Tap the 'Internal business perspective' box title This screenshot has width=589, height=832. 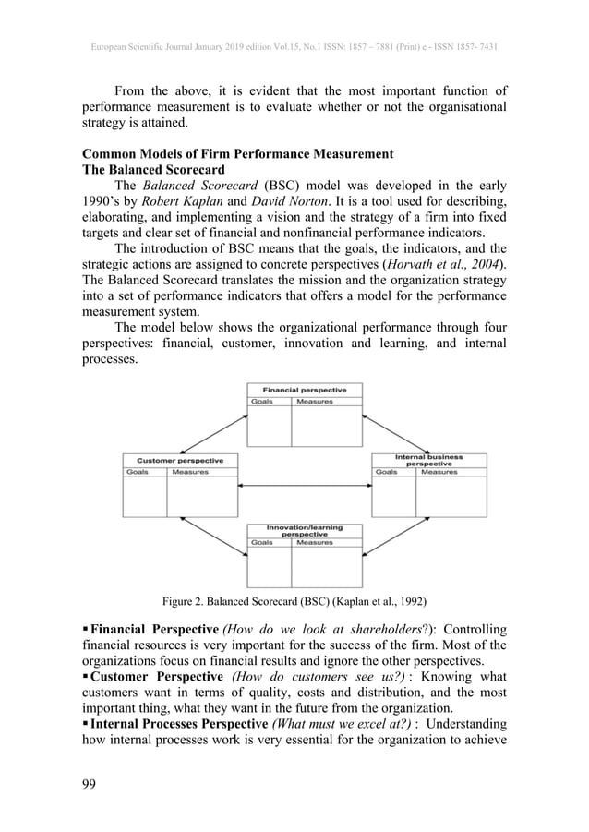(x=428, y=459)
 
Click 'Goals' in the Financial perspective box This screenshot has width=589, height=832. (x=263, y=402)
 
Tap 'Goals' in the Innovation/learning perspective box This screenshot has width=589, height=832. (x=263, y=543)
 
